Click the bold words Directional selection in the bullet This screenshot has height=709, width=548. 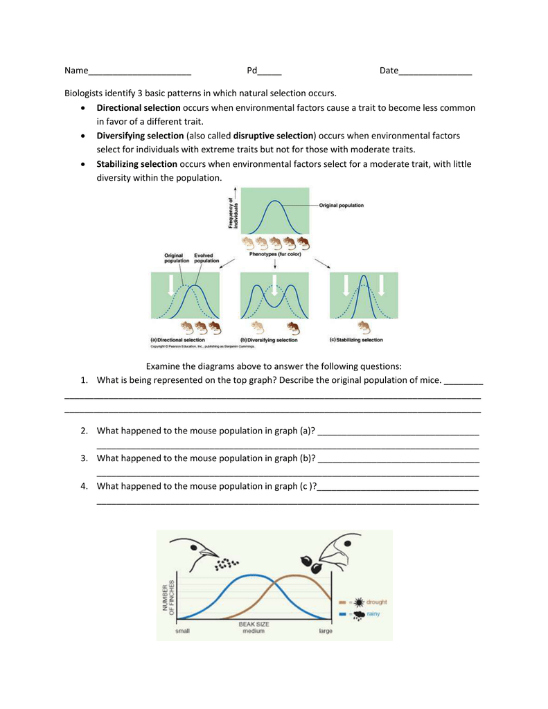coord(138,108)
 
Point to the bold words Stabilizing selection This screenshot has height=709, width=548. coord(136,164)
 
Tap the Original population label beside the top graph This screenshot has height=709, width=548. coord(341,205)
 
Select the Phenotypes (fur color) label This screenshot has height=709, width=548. coord(275,254)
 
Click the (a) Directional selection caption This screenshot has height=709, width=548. coord(178,340)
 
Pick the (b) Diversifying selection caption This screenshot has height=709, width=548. coord(269,340)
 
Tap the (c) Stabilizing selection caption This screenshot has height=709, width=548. coord(355,340)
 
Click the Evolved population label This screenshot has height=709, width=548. coord(206,258)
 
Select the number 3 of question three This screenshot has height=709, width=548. coord(83,458)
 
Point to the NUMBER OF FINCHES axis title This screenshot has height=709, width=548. coord(168,596)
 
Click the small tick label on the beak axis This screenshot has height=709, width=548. coord(183,631)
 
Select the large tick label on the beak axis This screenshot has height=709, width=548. coord(326,631)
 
